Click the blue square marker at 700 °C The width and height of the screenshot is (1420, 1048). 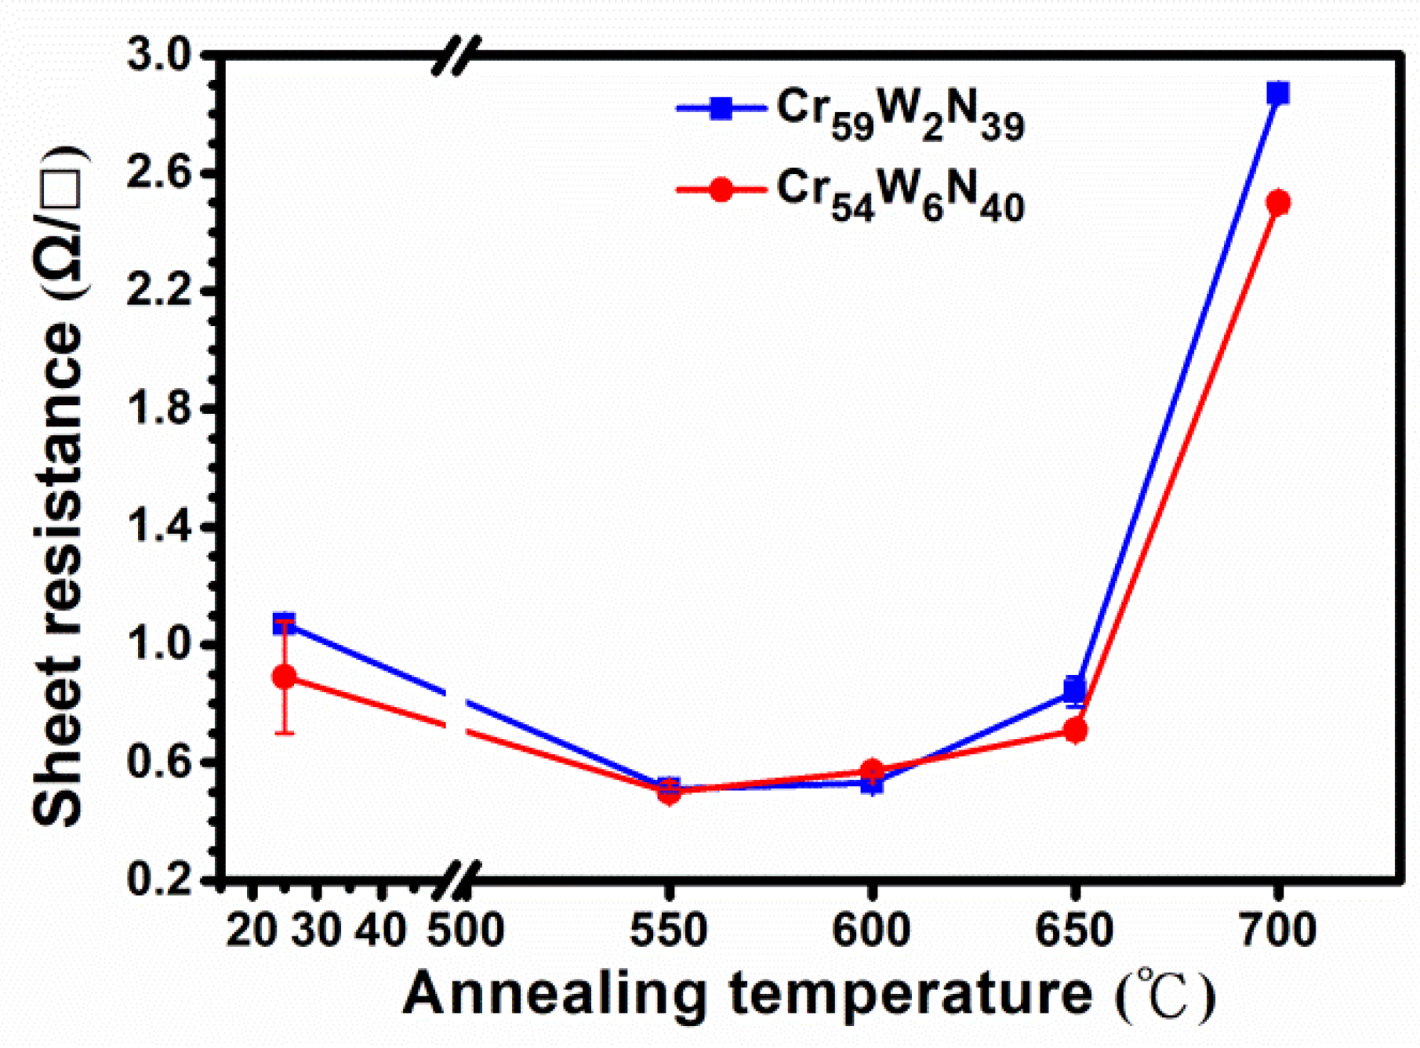(1278, 93)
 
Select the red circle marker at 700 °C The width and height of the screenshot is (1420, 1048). (1278, 203)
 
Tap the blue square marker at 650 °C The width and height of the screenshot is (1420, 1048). (1075, 689)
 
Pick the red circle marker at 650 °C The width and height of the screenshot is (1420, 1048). (1075, 731)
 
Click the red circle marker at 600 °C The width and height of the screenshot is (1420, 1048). (872, 771)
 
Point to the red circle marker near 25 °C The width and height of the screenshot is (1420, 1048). (285, 676)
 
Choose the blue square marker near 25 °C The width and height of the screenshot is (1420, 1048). (285, 624)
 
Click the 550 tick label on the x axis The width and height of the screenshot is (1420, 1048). (669, 930)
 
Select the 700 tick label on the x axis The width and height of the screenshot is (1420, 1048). (1278, 930)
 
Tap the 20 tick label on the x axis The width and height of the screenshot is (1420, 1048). (251, 930)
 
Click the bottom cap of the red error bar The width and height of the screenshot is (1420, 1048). (285, 733)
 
